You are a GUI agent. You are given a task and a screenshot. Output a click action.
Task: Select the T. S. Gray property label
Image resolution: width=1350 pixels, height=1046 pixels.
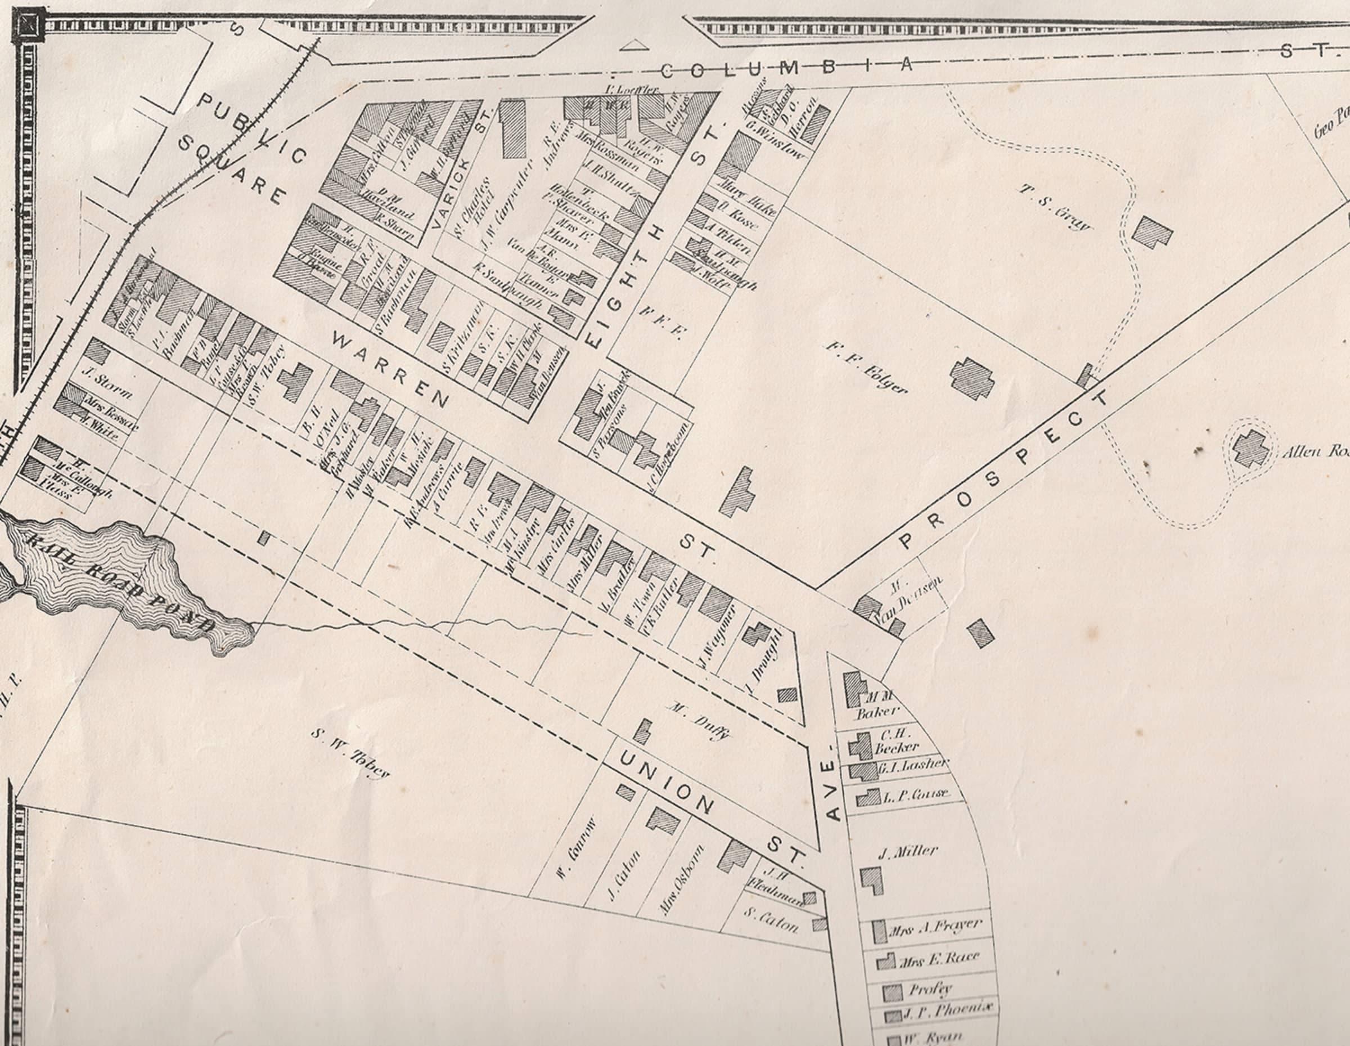click(x=1055, y=207)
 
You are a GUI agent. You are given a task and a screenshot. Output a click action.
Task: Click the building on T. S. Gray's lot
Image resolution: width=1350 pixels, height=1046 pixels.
click(x=1153, y=232)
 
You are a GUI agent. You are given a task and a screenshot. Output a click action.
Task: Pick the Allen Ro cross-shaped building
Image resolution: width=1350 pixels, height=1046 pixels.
click(x=1251, y=449)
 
